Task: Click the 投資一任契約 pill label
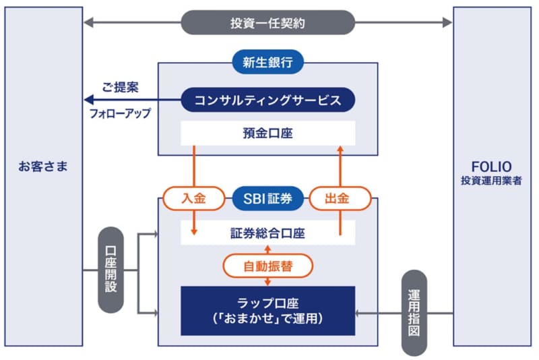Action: tap(267, 23)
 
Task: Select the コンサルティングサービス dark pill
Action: tap(267, 100)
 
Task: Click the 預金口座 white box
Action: tap(267, 133)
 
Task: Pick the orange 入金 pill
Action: tap(193, 198)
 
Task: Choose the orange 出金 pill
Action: tap(340, 198)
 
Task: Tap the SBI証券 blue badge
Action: tap(267, 198)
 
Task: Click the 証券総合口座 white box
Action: tap(267, 233)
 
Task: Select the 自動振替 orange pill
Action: tap(267, 266)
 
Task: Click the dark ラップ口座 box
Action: tap(267, 310)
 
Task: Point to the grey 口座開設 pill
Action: tap(110, 270)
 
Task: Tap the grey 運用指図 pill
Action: tap(414, 313)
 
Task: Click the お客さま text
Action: tap(43, 167)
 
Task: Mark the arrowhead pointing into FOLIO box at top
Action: tap(448, 23)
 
